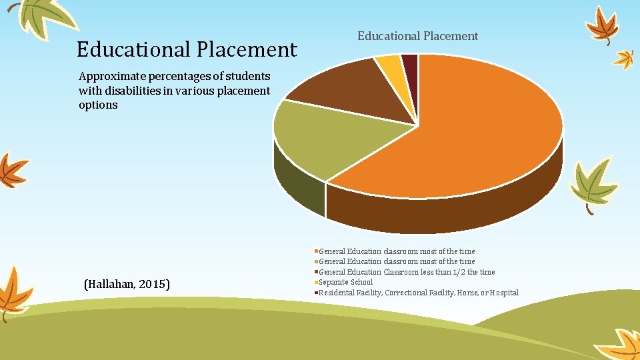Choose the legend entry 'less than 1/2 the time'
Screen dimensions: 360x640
[407, 272]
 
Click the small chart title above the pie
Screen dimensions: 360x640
[417, 36]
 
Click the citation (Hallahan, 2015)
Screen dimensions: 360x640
[127, 285]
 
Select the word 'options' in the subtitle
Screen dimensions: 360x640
[98, 105]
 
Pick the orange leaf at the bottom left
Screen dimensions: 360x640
[15, 293]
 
